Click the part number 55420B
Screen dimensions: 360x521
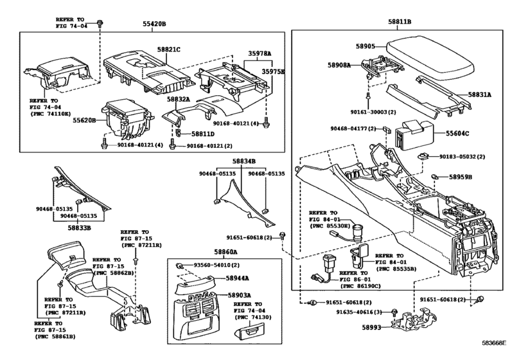pyautogui.click(x=154, y=23)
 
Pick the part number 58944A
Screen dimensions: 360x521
pyautogui.click(x=238, y=278)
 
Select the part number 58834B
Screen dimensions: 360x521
pyautogui.click(x=243, y=161)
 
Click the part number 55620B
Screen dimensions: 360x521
pyautogui.click(x=84, y=120)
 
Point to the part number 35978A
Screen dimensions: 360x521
pyautogui.click(x=260, y=55)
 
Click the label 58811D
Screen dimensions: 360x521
pyautogui.click(x=203, y=133)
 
